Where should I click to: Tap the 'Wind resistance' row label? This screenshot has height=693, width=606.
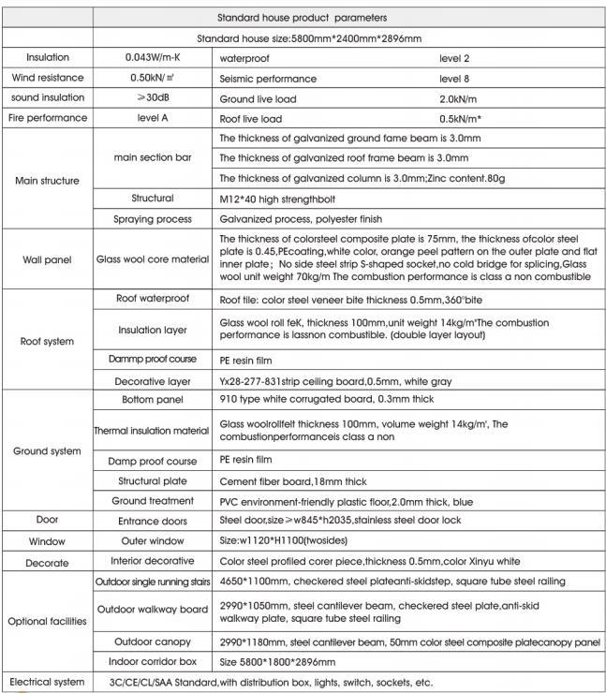pos(47,79)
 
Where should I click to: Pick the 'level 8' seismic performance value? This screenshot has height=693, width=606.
pos(454,79)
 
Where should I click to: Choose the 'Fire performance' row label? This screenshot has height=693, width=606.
pos(47,118)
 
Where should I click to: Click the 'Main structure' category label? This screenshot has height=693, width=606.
pos(47,180)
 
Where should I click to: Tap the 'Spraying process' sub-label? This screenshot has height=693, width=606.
pos(153,218)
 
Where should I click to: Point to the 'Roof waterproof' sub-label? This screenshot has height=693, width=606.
pos(153,299)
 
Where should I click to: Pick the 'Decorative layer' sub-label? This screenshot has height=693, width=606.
pos(153,381)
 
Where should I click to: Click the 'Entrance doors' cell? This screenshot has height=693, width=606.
pos(153,520)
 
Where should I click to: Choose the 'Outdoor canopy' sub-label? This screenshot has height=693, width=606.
pos(153,641)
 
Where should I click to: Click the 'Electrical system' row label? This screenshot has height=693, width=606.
pos(47,681)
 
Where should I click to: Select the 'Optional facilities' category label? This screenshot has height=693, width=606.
pos(47,621)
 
